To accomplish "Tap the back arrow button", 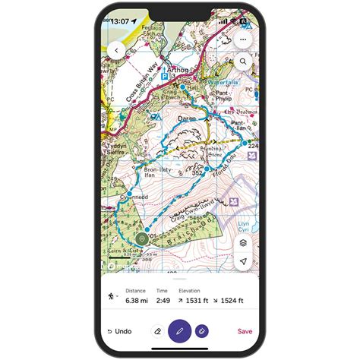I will tap(117, 49).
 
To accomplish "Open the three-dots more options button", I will tap(243, 39).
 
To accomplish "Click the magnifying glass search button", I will tap(243, 61).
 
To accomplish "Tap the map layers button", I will tap(243, 242).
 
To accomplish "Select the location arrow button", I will tap(243, 261).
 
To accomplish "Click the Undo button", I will tap(119, 331).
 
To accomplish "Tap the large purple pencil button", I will tap(180, 331).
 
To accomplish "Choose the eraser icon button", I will tap(157, 331).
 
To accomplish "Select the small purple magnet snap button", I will tap(202, 331).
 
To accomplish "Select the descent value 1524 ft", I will tap(230, 301).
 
